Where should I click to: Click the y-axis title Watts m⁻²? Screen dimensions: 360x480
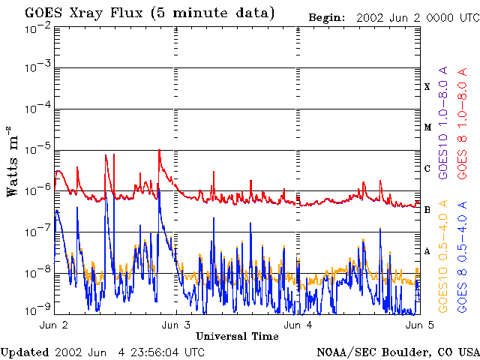(x=13, y=161)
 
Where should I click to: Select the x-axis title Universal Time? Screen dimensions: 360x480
(x=237, y=336)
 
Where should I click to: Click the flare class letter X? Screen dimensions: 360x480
(x=427, y=87)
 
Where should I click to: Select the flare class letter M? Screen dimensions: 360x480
(x=427, y=127)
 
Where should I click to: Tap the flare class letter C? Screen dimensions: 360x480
(x=427, y=169)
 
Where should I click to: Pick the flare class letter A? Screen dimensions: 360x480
(x=427, y=251)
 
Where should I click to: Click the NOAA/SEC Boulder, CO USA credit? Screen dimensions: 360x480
(x=397, y=352)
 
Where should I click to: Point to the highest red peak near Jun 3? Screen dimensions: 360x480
(x=159, y=151)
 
